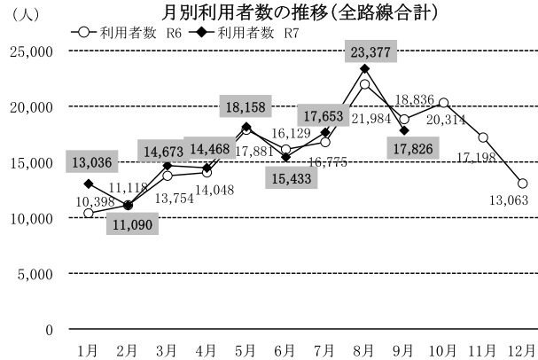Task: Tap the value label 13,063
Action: (x=505, y=200)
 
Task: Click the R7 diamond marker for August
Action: (x=364, y=68)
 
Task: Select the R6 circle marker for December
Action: (x=522, y=184)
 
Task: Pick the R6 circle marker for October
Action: (x=443, y=103)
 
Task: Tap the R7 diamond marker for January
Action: (x=89, y=184)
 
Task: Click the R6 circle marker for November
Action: (x=483, y=137)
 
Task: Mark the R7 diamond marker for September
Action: (x=404, y=130)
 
